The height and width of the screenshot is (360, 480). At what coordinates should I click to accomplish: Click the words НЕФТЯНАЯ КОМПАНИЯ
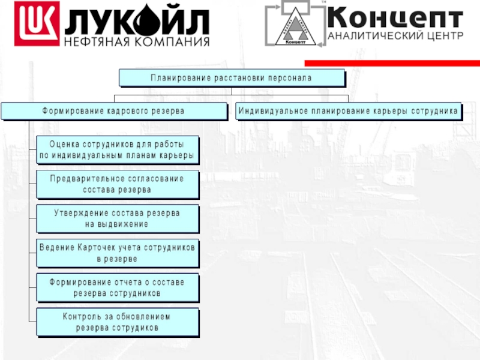137,42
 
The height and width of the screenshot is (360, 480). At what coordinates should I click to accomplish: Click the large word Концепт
395,16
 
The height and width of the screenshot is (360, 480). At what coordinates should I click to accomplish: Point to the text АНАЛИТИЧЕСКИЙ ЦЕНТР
395,35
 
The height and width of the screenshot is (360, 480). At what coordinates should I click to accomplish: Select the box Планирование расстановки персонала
232,78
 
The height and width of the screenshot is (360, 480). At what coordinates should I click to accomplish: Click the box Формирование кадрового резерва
113,111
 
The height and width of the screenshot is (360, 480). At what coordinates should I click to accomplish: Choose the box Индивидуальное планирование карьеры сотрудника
349,111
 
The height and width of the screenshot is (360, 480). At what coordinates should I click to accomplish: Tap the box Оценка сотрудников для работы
117,150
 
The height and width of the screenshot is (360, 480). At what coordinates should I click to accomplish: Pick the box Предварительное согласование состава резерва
117,184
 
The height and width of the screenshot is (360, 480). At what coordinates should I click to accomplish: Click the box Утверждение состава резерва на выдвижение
117,218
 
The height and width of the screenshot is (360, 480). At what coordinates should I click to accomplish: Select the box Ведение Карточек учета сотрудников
117,253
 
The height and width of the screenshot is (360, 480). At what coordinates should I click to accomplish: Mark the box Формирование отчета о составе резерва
117,287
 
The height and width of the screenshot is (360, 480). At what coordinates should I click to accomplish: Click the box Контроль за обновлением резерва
117,322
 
